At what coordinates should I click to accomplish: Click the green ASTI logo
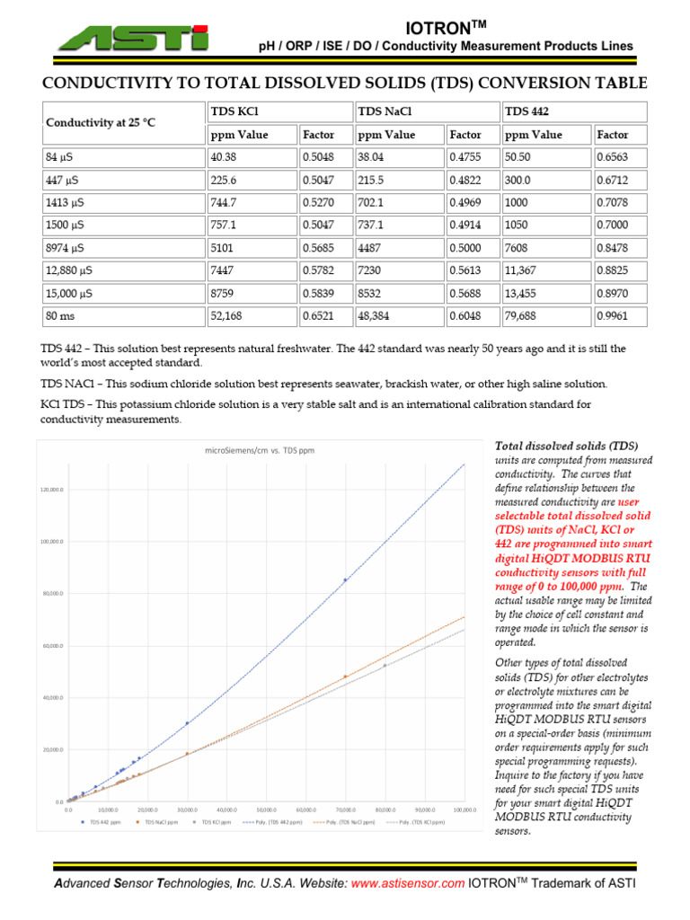click(x=130, y=37)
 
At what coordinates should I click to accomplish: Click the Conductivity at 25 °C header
click(x=101, y=122)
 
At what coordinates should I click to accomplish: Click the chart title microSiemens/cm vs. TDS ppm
click(x=260, y=450)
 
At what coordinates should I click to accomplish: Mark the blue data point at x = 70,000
click(x=345, y=580)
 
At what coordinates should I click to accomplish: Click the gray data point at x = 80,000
click(x=385, y=666)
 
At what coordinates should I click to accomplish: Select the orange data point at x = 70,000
click(x=345, y=677)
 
